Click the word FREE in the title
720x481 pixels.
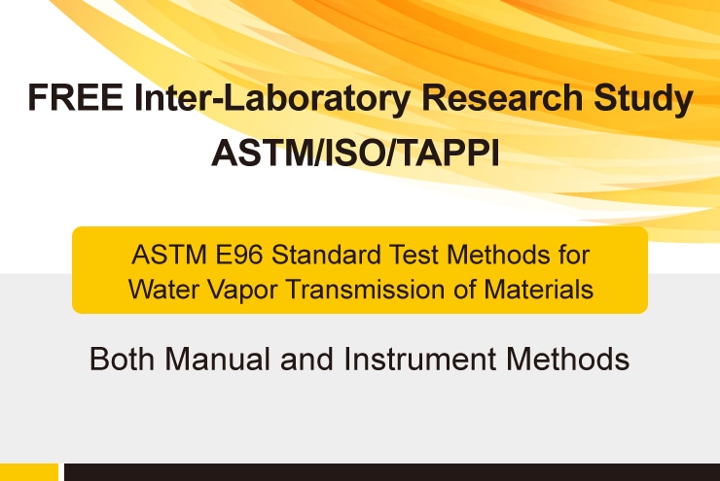point(75,97)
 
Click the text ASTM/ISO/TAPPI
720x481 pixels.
point(355,154)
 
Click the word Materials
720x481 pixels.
point(539,290)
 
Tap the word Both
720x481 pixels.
point(123,359)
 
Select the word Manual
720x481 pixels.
point(218,359)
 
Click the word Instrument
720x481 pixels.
point(419,359)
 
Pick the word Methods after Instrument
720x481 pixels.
point(567,359)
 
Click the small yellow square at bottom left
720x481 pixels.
point(29,472)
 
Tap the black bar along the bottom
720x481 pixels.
point(392,472)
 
